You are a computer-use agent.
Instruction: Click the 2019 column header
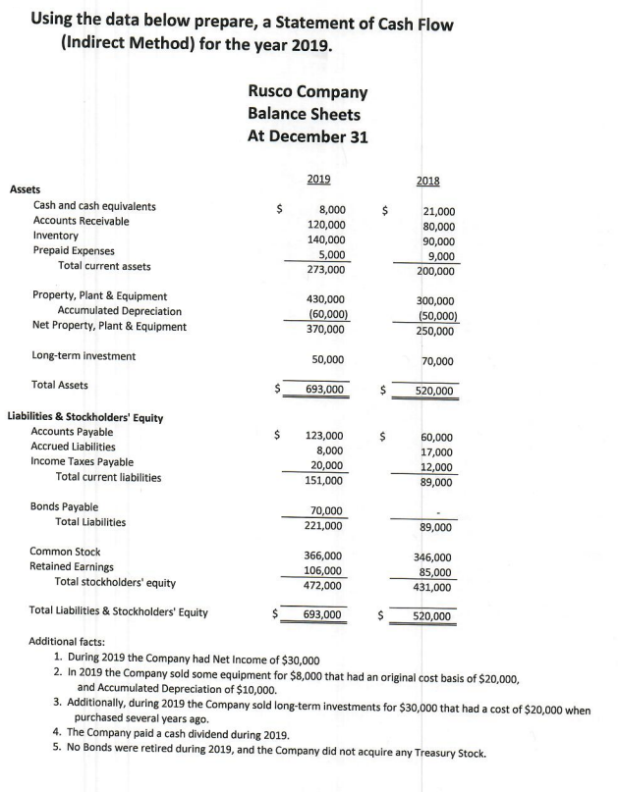[318, 179]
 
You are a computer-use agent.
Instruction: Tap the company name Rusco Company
[308, 91]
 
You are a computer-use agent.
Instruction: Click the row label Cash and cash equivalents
[94, 206]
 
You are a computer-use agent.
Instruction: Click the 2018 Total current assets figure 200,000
[434, 271]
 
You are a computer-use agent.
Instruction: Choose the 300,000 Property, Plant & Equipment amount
[435, 301]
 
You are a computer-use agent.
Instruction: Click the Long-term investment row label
[84, 355]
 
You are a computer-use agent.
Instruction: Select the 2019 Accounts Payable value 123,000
[325, 435]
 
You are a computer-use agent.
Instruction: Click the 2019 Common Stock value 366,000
[325, 555]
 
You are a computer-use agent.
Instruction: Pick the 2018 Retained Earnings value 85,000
[435, 572]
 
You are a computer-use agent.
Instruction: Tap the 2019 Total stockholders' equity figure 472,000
[325, 586]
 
